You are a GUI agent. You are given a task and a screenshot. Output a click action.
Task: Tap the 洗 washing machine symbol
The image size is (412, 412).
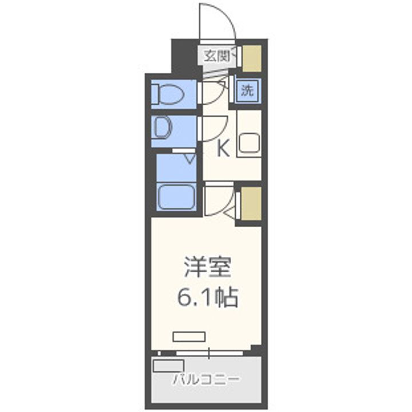(x=247, y=90)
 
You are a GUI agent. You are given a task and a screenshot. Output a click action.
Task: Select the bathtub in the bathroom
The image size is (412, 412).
(x=176, y=198)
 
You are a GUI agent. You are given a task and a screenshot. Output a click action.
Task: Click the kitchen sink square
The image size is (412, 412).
(x=249, y=143)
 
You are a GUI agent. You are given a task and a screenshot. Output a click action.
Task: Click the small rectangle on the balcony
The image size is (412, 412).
(x=168, y=365)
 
